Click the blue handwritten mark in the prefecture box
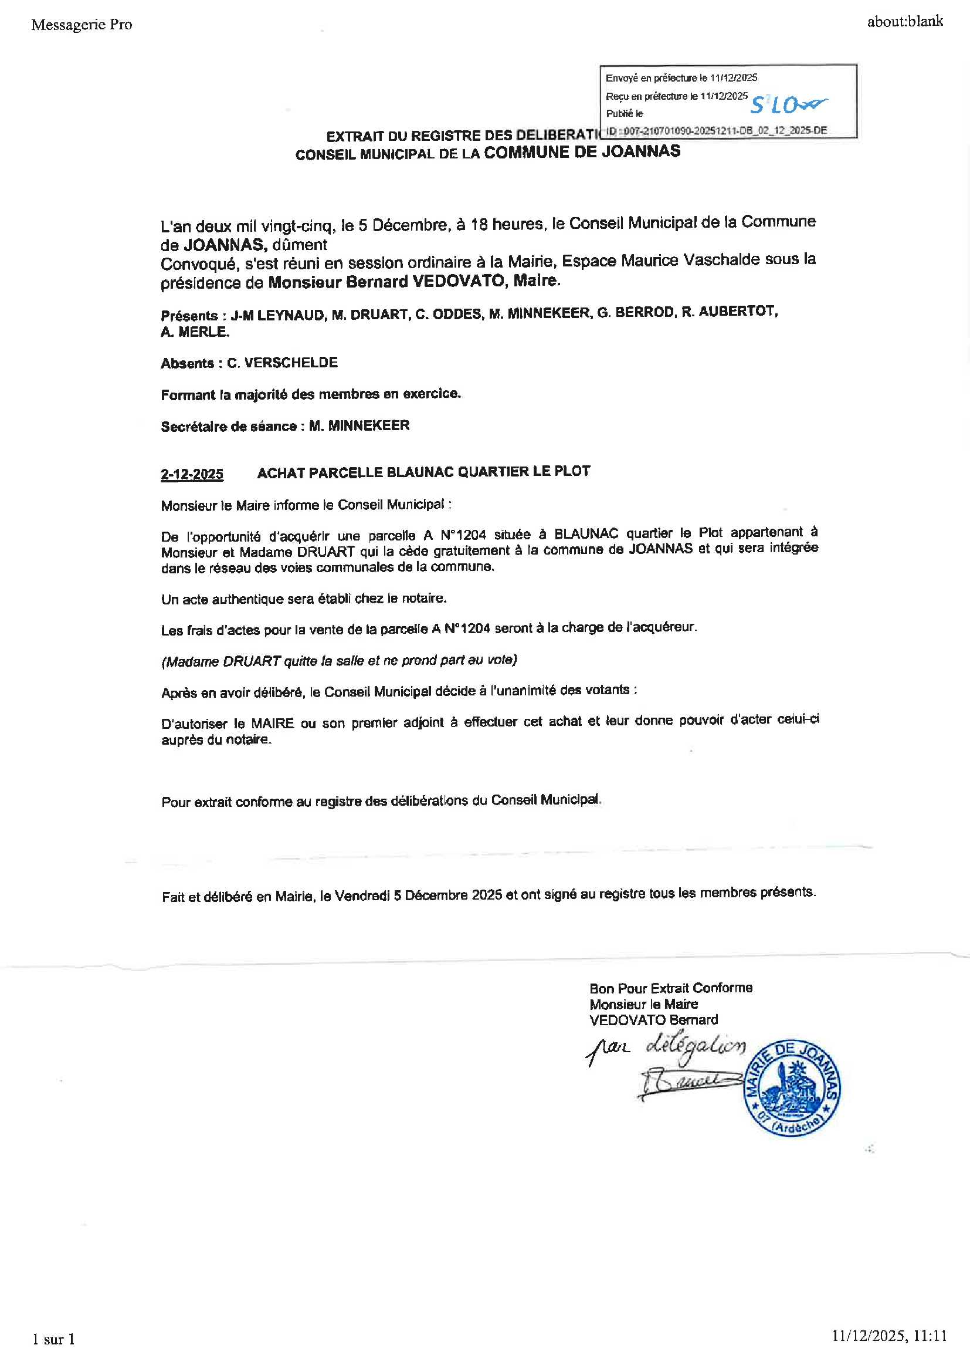[x=787, y=104]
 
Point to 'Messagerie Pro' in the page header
[x=82, y=25]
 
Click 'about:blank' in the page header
[x=904, y=22]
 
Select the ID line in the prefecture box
[x=716, y=130]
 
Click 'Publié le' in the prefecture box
[x=624, y=113]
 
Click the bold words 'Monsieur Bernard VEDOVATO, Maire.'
[x=414, y=282]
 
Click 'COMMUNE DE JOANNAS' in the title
[x=582, y=152]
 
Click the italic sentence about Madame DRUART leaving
[x=338, y=660]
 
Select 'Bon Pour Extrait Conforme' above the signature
[x=670, y=988]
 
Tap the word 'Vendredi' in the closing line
[x=361, y=895]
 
